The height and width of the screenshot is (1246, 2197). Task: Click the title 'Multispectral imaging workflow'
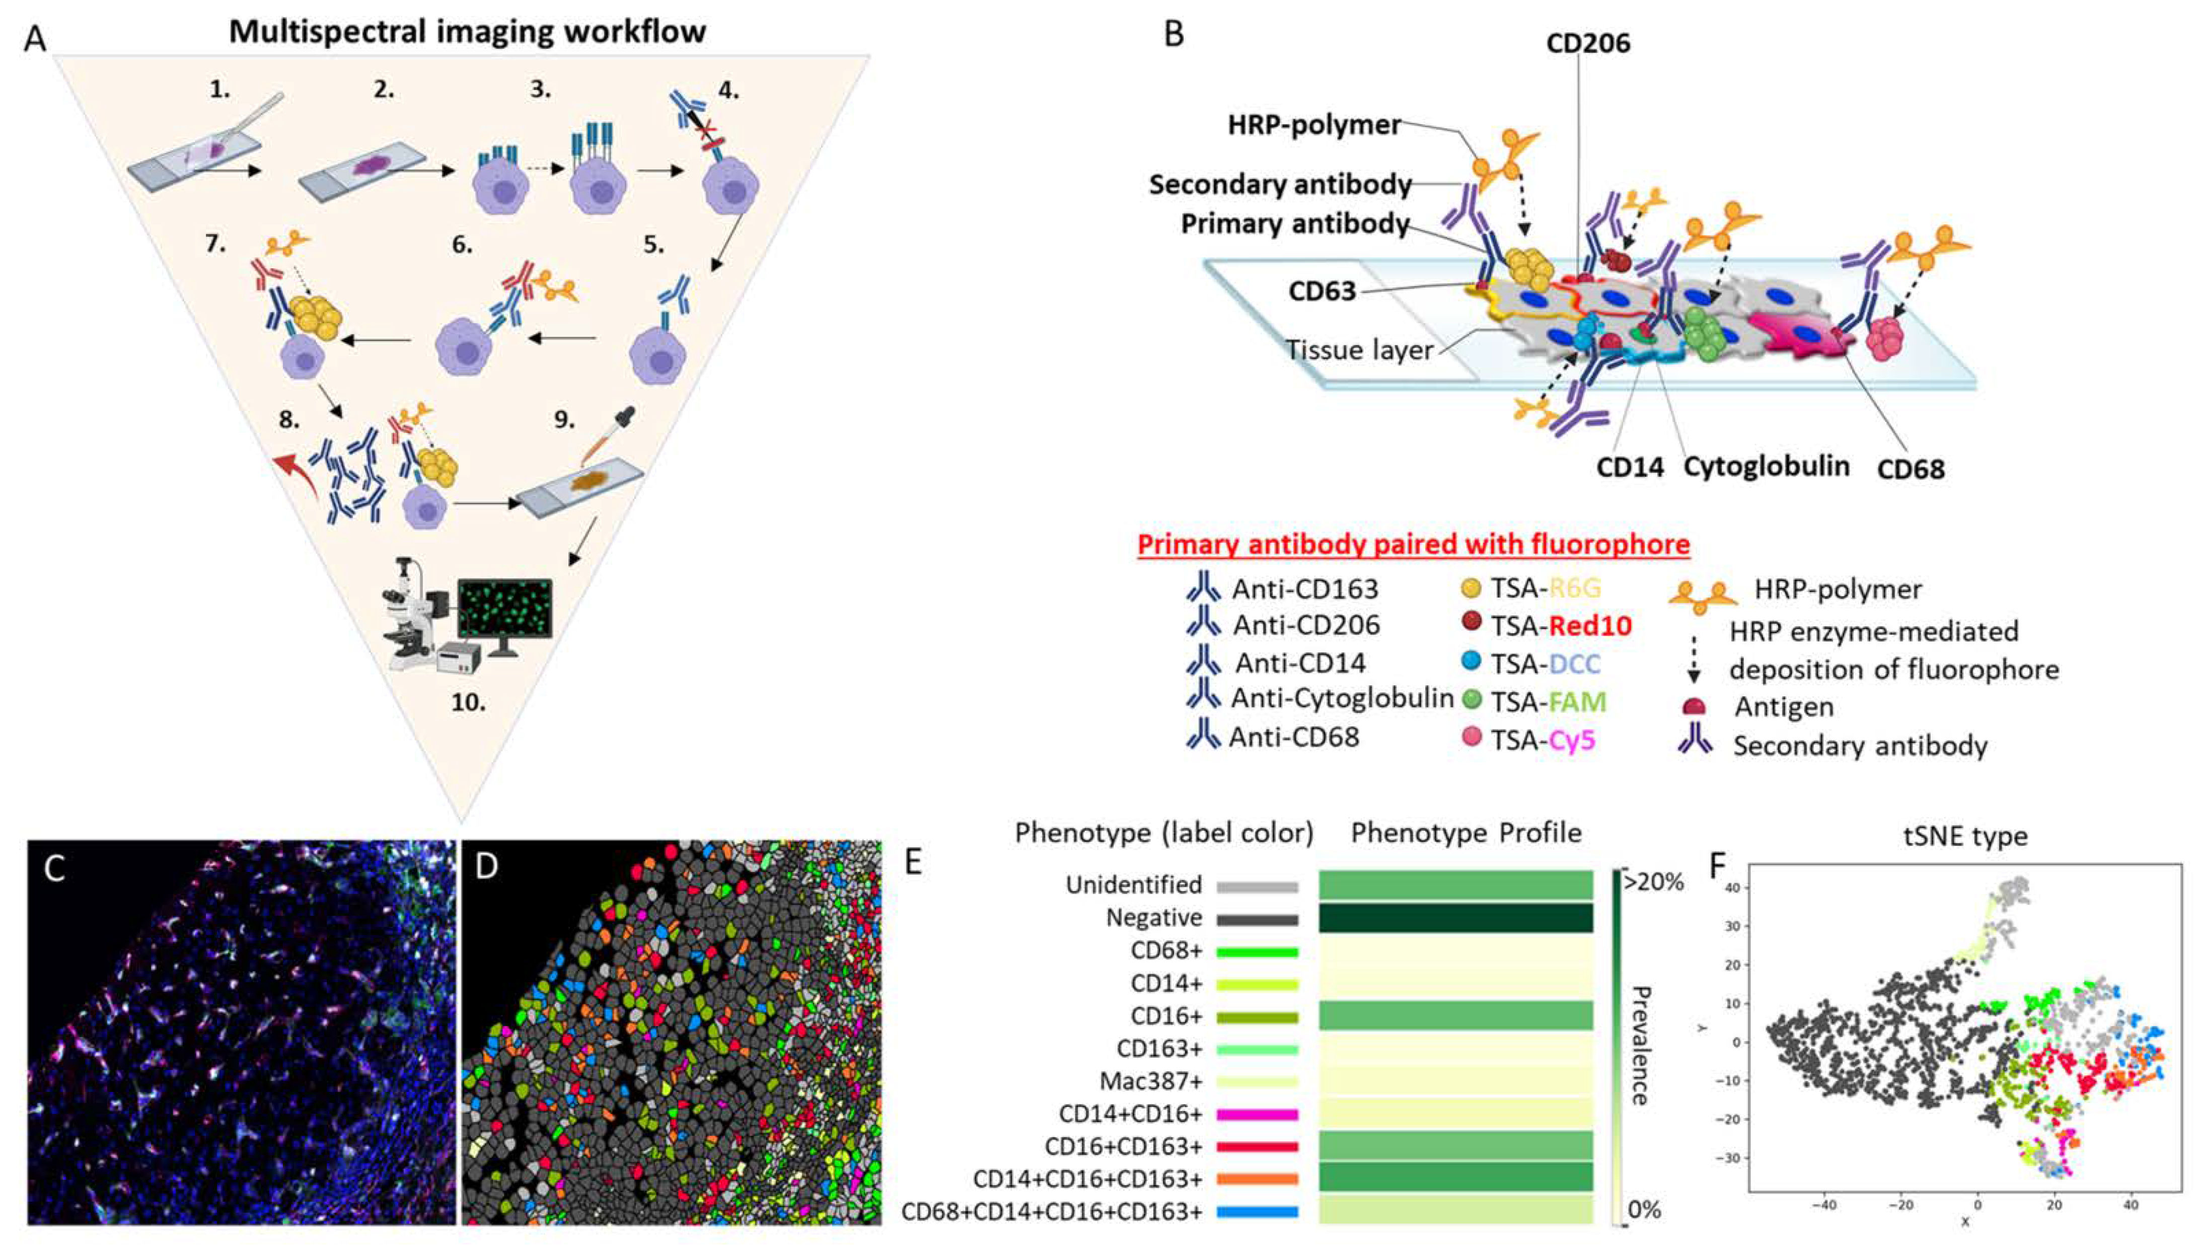tap(467, 32)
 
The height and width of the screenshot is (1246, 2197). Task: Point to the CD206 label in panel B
tap(1588, 43)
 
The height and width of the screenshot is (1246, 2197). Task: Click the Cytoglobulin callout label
tap(1767, 466)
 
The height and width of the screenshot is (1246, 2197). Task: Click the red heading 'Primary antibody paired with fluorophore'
tap(1413, 544)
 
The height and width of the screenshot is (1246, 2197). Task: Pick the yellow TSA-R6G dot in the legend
tap(1472, 588)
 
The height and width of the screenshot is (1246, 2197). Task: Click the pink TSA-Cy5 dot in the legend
tap(1472, 737)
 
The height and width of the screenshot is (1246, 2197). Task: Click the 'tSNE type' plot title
tap(1964, 836)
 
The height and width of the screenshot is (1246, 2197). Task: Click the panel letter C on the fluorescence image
tap(55, 868)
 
